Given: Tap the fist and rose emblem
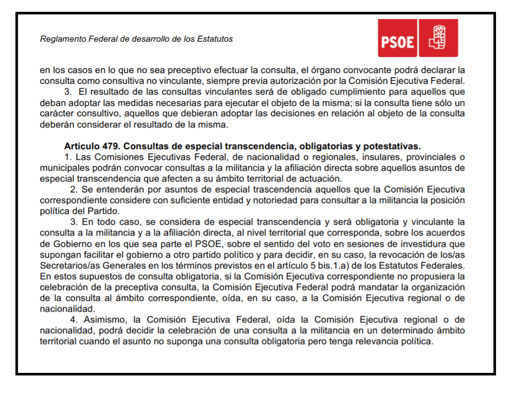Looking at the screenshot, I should [438, 38].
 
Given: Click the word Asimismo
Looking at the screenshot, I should [101, 320].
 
